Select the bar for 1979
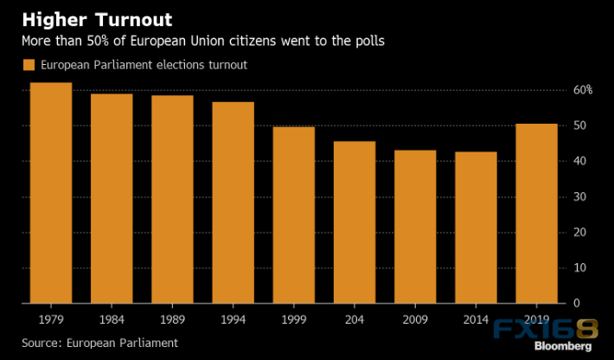51,193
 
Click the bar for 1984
112,198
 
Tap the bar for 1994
233,202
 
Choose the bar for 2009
414,227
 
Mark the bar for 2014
475,228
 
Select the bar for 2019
535,213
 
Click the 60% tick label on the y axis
582,90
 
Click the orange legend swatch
28,65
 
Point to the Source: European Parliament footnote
99,343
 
